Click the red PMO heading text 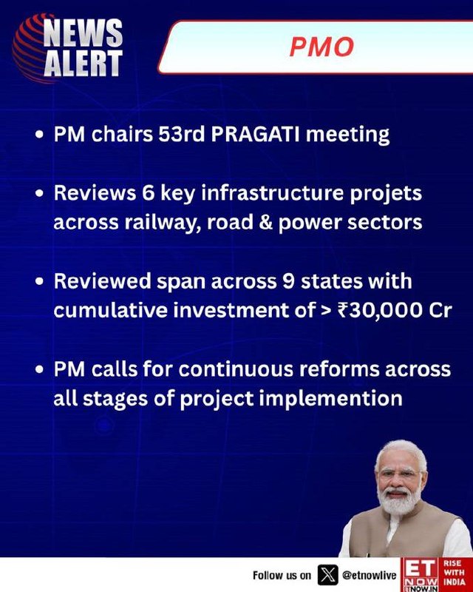[x=321, y=47]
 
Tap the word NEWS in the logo [x=83, y=33]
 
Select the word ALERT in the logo [x=83, y=63]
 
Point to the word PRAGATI [x=256, y=134]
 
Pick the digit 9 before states [x=288, y=282]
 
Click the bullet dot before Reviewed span [x=40, y=282]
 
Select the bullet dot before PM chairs [x=40, y=135]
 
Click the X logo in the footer [x=327, y=575]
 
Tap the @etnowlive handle [x=370, y=576]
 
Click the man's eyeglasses [x=400, y=474]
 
